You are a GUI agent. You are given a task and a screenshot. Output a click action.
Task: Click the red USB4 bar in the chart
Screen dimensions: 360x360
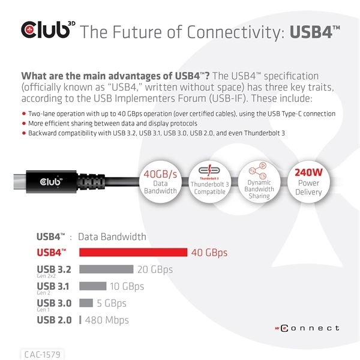[133, 253]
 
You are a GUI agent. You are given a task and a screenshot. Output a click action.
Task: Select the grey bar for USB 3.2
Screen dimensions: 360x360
[106, 269]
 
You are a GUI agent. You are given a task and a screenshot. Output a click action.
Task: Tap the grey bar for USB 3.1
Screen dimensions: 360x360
[93, 286]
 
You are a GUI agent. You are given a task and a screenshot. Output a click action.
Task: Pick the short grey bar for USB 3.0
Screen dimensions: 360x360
[86, 303]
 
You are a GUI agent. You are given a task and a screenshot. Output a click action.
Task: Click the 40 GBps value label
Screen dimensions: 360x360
[209, 253]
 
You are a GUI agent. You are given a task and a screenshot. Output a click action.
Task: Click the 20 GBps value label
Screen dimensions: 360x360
[155, 269]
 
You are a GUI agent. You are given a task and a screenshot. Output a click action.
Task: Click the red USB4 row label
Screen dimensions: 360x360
[52, 253]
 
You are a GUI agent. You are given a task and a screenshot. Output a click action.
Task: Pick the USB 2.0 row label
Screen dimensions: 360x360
[54, 320]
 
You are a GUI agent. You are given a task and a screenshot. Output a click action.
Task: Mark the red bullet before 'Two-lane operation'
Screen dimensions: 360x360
[23, 114]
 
